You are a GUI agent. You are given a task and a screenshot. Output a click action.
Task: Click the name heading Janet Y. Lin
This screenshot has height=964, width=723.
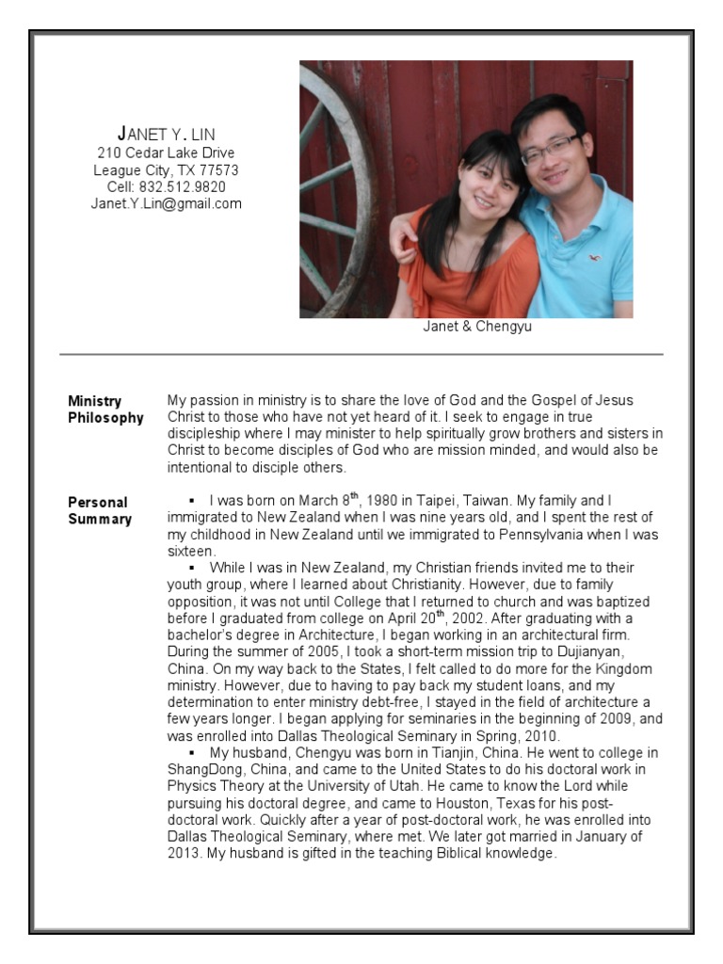166,133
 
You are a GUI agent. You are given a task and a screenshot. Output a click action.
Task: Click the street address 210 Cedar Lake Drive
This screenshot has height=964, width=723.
166,153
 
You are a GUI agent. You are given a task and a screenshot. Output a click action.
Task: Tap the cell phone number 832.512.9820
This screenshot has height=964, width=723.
183,186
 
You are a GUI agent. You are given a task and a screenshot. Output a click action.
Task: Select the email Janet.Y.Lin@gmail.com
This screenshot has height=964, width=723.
166,203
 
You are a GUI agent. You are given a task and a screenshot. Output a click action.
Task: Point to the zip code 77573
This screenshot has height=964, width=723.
218,169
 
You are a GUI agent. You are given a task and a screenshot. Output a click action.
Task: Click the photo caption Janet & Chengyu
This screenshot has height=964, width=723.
477,328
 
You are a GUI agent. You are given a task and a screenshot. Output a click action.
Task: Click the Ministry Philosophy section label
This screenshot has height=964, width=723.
105,410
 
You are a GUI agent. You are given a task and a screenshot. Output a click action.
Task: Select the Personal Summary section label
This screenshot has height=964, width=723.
99,510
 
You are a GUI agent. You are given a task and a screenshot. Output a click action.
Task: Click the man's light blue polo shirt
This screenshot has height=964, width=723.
584,254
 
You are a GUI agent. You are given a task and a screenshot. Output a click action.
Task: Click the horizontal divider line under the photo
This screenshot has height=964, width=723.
361,355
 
